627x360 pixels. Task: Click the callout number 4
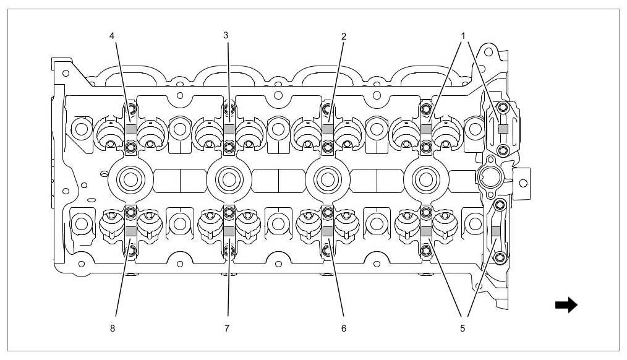(x=112, y=36)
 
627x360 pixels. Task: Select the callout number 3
(x=226, y=36)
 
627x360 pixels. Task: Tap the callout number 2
(x=344, y=36)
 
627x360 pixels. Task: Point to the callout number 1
(x=462, y=36)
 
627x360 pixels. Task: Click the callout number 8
(x=112, y=328)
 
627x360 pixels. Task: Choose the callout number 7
(x=226, y=328)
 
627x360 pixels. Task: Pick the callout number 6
(x=344, y=328)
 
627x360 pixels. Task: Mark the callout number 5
(x=462, y=328)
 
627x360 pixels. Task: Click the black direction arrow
(x=566, y=305)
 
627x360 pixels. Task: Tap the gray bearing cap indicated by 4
(x=130, y=129)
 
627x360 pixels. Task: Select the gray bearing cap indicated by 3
(x=229, y=129)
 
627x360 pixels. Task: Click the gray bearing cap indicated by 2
(x=328, y=129)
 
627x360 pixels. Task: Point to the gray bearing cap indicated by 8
(x=130, y=231)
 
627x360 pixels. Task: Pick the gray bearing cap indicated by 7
(x=229, y=231)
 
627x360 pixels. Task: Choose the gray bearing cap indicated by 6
(x=328, y=231)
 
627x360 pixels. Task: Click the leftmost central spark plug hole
(x=130, y=180)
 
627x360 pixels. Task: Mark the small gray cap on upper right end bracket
(x=503, y=129)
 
